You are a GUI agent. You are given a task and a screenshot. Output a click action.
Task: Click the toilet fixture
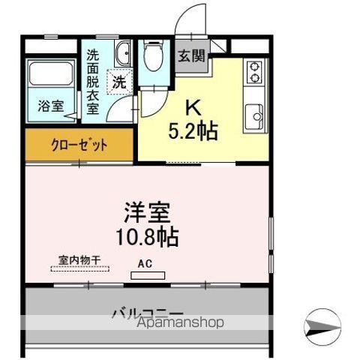tap(154, 55)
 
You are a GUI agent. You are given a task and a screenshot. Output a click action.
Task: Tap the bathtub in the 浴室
tap(51, 73)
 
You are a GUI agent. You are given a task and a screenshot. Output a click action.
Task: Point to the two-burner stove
tap(254, 72)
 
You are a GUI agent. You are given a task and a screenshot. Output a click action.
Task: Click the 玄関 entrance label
tap(191, 56)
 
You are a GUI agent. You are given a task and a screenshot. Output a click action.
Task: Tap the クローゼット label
tap(79, 145)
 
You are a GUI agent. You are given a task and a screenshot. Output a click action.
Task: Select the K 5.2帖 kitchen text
tap(193, 121)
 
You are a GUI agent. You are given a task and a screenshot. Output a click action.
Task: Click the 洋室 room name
tap(148, 212)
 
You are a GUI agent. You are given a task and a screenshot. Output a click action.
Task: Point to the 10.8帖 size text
tap(147, 237)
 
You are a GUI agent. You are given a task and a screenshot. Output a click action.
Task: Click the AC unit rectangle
tap(148, 275)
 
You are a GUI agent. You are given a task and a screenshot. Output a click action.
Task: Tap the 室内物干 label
tap(79, 260)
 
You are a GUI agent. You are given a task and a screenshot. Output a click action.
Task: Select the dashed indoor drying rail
tap(80, 269)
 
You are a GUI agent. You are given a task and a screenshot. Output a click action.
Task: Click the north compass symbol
tap(322, 327)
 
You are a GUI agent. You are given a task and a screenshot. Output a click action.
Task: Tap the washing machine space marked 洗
tap(119, 82)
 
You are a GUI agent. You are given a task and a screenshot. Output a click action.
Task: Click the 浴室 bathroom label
tap(51, 106)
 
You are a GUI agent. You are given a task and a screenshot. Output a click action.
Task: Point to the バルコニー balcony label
tap(148, 313)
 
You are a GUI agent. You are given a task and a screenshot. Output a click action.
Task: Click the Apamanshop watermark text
tap(181, 322)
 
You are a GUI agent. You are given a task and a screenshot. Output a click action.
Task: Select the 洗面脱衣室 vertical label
tap(93, 82)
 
